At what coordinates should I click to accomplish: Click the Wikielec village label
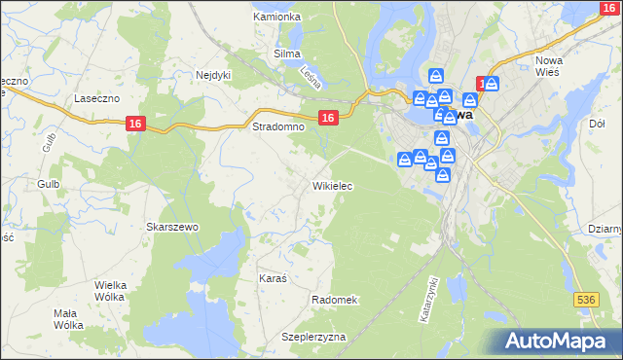pos(332,185)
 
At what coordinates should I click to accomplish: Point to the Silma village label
pos(287,54)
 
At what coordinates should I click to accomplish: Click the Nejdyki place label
pos(213,74)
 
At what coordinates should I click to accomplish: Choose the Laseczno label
pos(96,99)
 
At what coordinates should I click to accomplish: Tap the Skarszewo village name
pos(172,227)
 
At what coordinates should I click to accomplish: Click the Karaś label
pos(273,278)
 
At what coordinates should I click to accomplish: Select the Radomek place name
pos(335,300)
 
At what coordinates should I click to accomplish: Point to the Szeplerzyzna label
pos(314,337)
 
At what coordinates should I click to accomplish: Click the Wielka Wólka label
pos(118,291)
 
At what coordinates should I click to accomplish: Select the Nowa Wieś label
pos(551,67)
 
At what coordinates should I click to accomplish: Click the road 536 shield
pos(585,302)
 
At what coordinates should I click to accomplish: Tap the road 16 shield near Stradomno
pos(328,118)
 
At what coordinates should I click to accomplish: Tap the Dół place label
pos(598,124)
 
